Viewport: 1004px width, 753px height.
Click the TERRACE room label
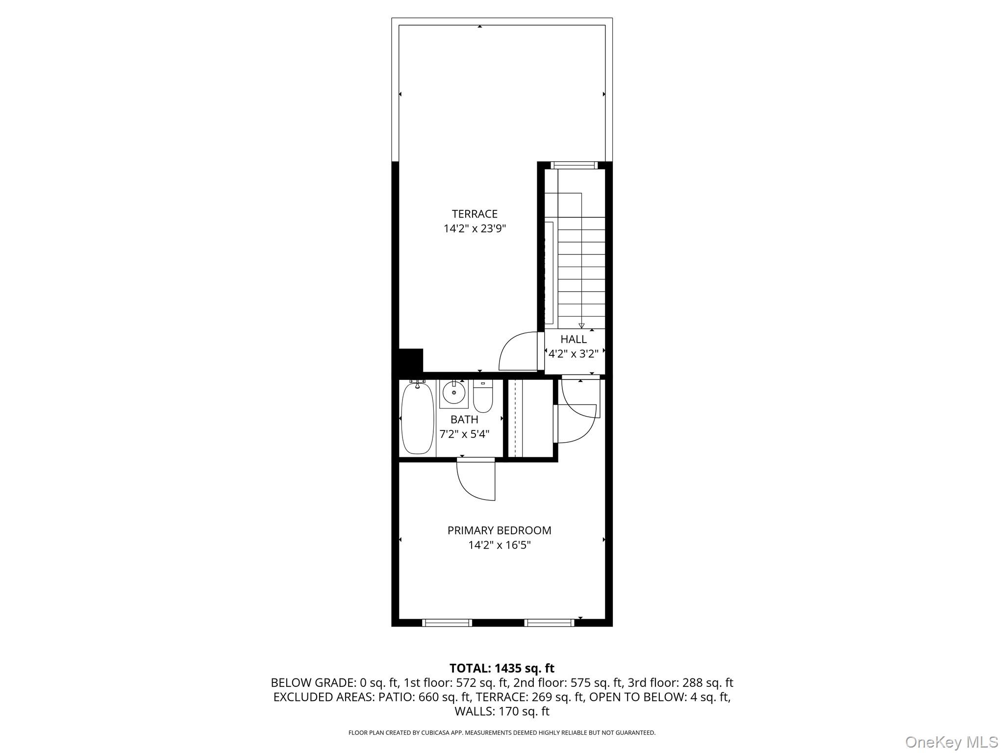pos(475,214)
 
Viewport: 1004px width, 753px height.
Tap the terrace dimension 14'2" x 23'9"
pos(475,228)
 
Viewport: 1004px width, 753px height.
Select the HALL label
pos(574,339)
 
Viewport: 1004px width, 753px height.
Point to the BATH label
pos(464,420)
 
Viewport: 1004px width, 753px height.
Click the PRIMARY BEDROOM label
pos(499,530)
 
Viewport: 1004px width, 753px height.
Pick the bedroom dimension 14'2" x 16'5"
pos(499,545)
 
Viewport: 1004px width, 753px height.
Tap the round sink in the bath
pos(454,393)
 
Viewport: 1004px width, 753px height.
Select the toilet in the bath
pos(483,397)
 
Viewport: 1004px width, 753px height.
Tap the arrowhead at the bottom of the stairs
pos(581,326)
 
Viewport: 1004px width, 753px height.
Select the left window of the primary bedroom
pos(447,623)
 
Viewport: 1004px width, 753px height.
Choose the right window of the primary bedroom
pos(549,623)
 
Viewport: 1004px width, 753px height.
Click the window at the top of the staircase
pos(574,165)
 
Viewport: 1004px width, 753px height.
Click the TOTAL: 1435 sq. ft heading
pos(502,668)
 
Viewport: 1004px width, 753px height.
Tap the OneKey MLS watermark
pos(951,742)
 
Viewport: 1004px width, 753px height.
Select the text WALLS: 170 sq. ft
pos(502,711)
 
